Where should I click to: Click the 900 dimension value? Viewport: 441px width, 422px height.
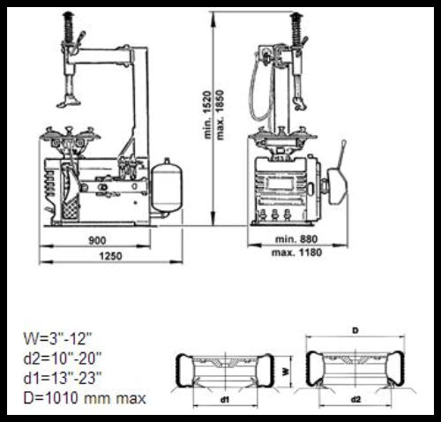[97, 240]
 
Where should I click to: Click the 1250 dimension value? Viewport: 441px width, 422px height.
[110, 256]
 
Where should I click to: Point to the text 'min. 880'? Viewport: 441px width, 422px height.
[296, 239]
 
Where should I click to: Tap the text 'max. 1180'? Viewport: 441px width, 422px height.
[296, 252]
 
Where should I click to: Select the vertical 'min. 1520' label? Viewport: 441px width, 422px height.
[207, 115]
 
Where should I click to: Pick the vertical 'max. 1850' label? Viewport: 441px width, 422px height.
[220, 115]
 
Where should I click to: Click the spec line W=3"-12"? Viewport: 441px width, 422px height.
[58, 338]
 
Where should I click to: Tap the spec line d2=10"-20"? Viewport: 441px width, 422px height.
[63, 358]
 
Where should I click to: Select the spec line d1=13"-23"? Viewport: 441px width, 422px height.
[63, 378]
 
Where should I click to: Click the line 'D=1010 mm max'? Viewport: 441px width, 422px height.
[85, 398]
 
